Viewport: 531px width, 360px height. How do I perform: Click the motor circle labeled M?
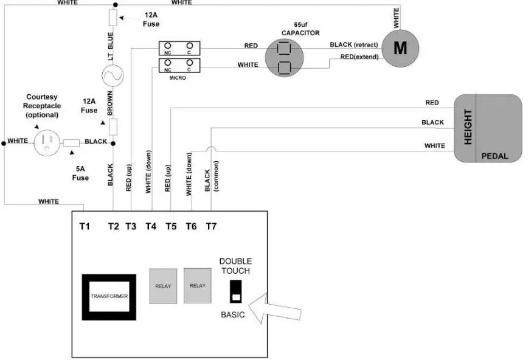(x=400, y=48)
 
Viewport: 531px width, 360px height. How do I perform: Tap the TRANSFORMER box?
(x=109, y=296)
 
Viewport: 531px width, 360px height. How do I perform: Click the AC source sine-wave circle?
(x=113, y=75)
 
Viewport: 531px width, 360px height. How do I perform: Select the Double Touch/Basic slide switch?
(x=235, y=292)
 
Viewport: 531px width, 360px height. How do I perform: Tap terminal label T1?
(x=85, y=226)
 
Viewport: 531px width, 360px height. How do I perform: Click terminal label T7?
(x=210, y=226)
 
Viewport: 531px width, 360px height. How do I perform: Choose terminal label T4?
(x=150, y=226)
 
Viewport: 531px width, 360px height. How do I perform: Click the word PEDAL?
(x=494, y=156)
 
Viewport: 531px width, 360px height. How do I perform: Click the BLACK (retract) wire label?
(x=354, y=45)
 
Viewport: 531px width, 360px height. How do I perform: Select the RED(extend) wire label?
(x=359, y=57)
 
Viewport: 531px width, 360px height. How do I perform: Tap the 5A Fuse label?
(x=80, y=173)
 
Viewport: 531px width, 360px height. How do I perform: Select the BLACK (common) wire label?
(x=212, y=176)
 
